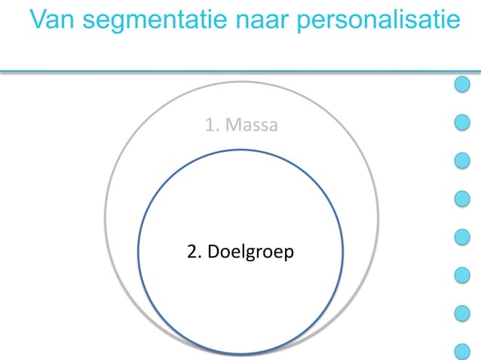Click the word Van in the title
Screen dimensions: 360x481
pos(57,20)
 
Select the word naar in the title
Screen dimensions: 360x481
pos(264,20)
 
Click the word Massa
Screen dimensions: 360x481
pos(252,124)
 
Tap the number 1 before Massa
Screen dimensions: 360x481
pos(210,124)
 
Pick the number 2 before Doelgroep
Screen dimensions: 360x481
pos(191,251)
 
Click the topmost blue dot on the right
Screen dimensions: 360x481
pos(462,84)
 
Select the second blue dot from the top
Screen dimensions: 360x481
pos(462,122)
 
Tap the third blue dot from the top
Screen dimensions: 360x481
pos(462,160)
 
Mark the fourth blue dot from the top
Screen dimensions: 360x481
pos(462,199)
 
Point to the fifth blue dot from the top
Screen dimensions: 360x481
pos(462,236)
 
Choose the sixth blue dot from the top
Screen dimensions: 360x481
pos(462,275)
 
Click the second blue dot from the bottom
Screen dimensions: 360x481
pos(462,313)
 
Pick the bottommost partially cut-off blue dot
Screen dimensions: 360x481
pos(462,351)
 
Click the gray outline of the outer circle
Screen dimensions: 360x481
pos(106,218)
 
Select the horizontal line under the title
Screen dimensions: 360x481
pos(226,72)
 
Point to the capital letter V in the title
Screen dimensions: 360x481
pos(41,20)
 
